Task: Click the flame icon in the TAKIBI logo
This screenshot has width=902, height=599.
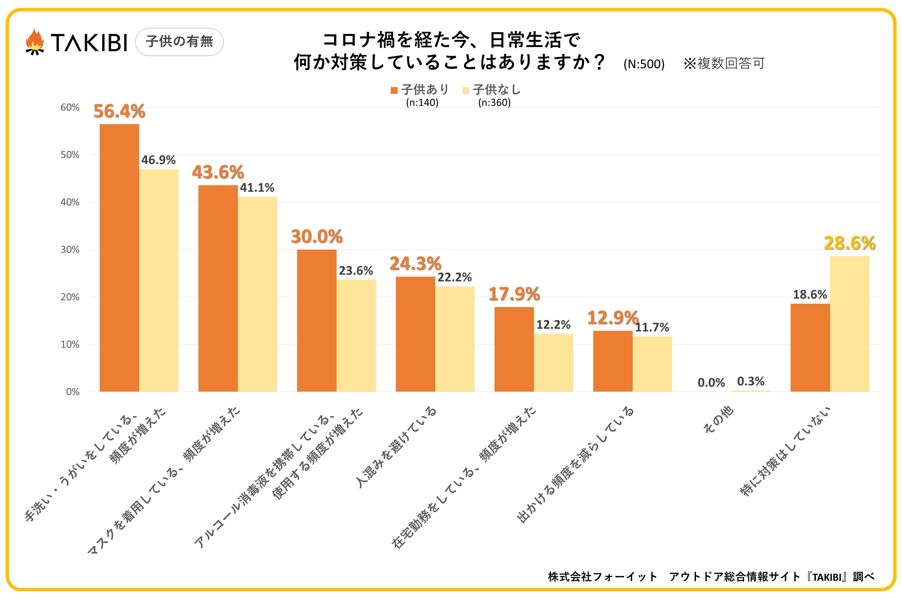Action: (35, 42)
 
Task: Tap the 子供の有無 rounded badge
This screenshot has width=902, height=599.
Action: (179, 42)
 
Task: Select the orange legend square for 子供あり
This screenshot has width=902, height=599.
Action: (394, 90)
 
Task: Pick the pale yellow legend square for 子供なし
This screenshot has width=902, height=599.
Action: (465, 90)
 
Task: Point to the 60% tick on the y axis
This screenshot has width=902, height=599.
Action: (70, 107)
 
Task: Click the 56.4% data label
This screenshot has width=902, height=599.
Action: (119, 111)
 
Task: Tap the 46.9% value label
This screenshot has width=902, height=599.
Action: (158, 160)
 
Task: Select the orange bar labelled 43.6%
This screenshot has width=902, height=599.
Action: (218, 288)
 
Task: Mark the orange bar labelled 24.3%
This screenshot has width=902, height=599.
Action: (415, 334)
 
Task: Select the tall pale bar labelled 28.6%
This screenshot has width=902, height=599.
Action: (849, 324)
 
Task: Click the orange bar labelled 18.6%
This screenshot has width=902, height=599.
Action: (810, 348)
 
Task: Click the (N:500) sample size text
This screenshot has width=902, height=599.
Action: (644, 64)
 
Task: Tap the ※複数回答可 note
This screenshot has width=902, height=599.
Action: (724, 63)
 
